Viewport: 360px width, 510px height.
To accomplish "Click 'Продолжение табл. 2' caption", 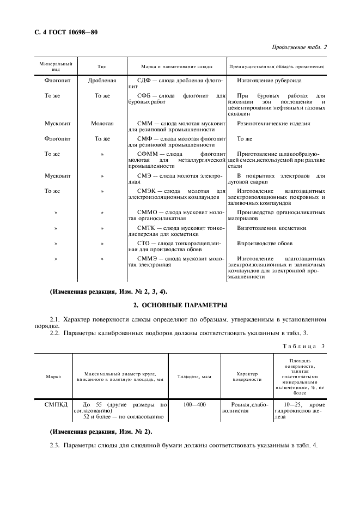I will tap(299, 47).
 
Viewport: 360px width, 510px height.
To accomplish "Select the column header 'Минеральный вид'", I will tap(56, 66).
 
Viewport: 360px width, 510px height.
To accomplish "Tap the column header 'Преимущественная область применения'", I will tap(277, 66).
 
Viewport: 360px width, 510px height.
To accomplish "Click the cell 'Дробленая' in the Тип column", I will tap(102, 80).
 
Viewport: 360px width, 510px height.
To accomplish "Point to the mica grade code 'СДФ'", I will tap(138, 80).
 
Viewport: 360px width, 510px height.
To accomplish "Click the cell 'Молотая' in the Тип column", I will tap(102, 124).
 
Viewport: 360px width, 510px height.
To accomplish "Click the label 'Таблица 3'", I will tap(304, 346).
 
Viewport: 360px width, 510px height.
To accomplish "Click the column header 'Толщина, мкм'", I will tap(194, 376).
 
